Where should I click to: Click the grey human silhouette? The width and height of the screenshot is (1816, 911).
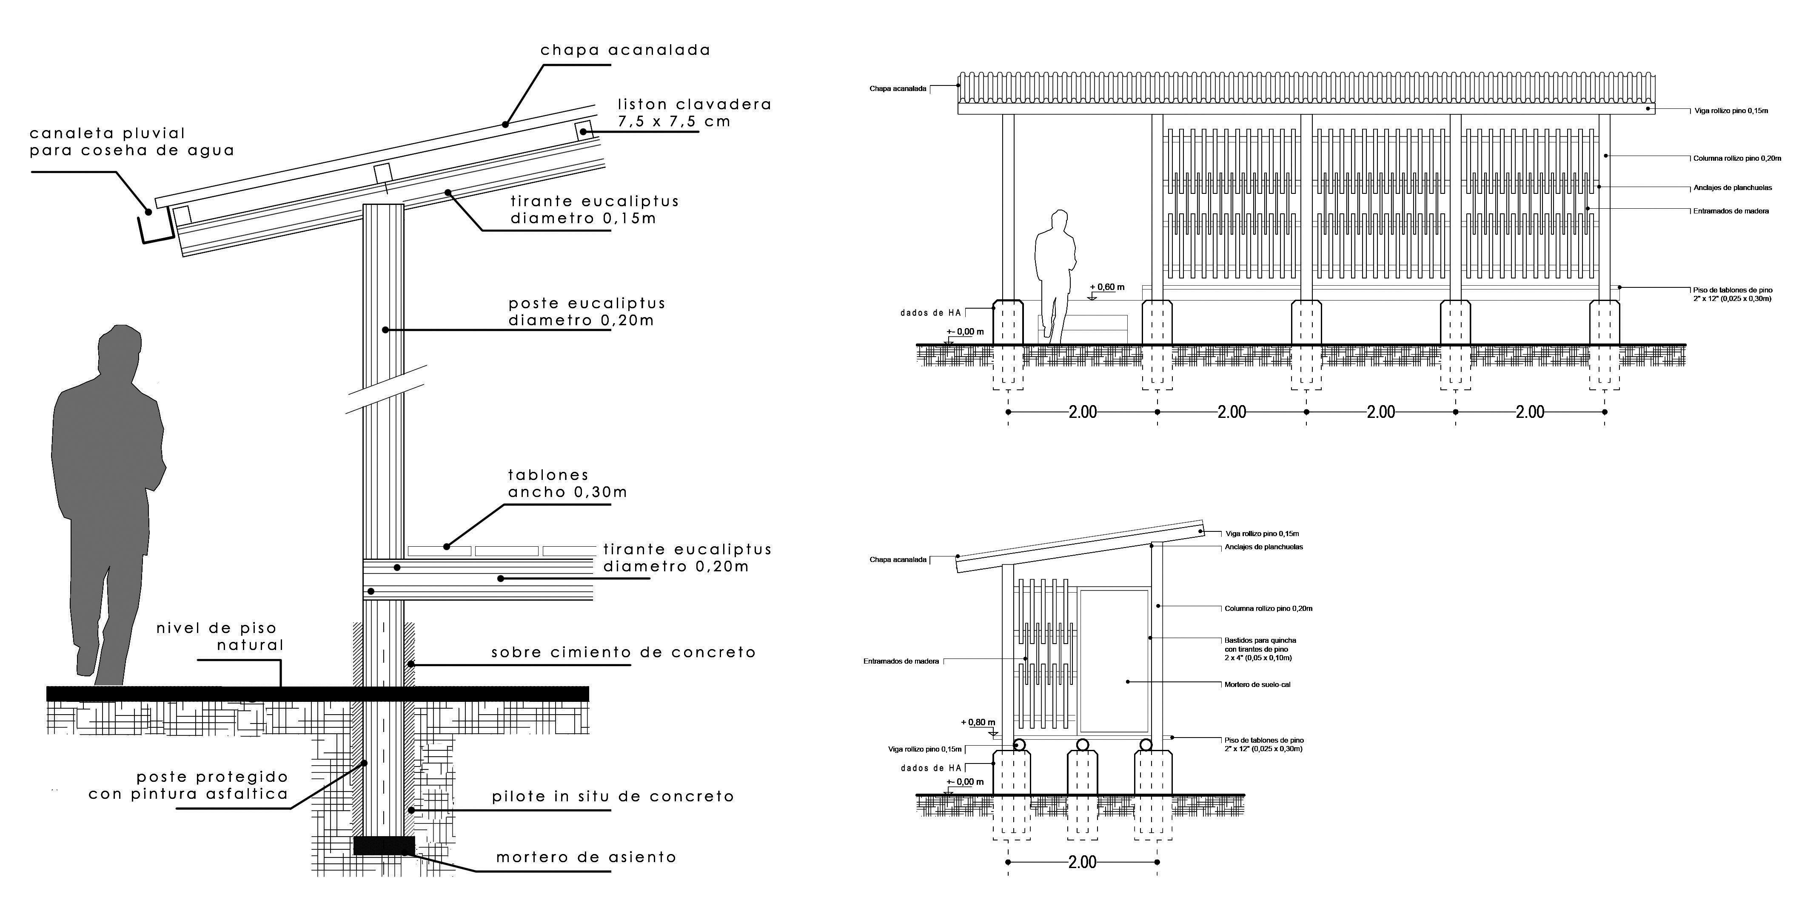pyautogui.click(x=106, y=493)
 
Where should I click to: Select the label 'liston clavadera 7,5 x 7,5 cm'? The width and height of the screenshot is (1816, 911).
pyautogui.click(x=694, y=113)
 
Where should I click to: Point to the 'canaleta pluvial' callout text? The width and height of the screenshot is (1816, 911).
pyautogui.click(x=132, y=142)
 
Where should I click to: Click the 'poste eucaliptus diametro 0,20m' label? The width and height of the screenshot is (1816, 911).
pyautogui.click(x=587, y=312)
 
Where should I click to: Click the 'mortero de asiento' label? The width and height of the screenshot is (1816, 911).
pyautogui.click(x=586, y=857)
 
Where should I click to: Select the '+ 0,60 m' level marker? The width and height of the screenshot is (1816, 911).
pyautogui.click(x=1107, y=287)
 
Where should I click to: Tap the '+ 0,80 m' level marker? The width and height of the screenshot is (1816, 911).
pyautogui.click(x=978, y=722)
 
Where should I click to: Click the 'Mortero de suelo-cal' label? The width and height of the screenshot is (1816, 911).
pyautogui.click(x=1257, y=684)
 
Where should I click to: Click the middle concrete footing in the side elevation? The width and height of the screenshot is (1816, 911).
pyautogui.click(x=1082, y=772)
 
